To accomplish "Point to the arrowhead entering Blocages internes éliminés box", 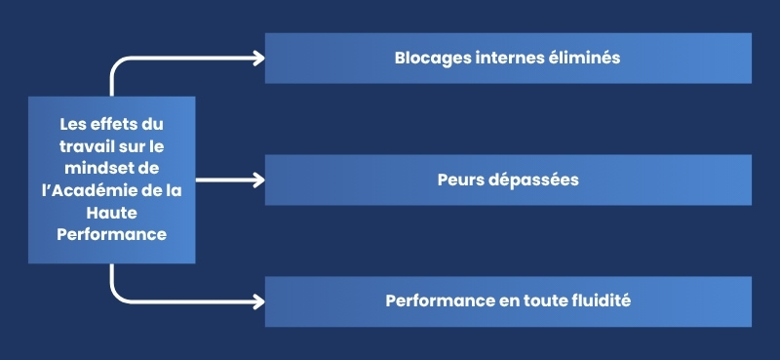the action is point(257,58).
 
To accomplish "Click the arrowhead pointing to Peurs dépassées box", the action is point(257,180).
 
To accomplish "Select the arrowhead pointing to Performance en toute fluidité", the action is point(257,301).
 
